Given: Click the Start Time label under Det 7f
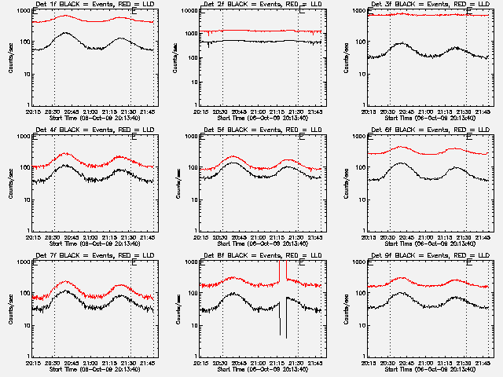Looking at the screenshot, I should point(95,368).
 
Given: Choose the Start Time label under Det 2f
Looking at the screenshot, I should point(263,116).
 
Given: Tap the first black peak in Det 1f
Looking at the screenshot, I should point(64,33).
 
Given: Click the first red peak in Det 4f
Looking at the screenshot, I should point(65,153).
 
